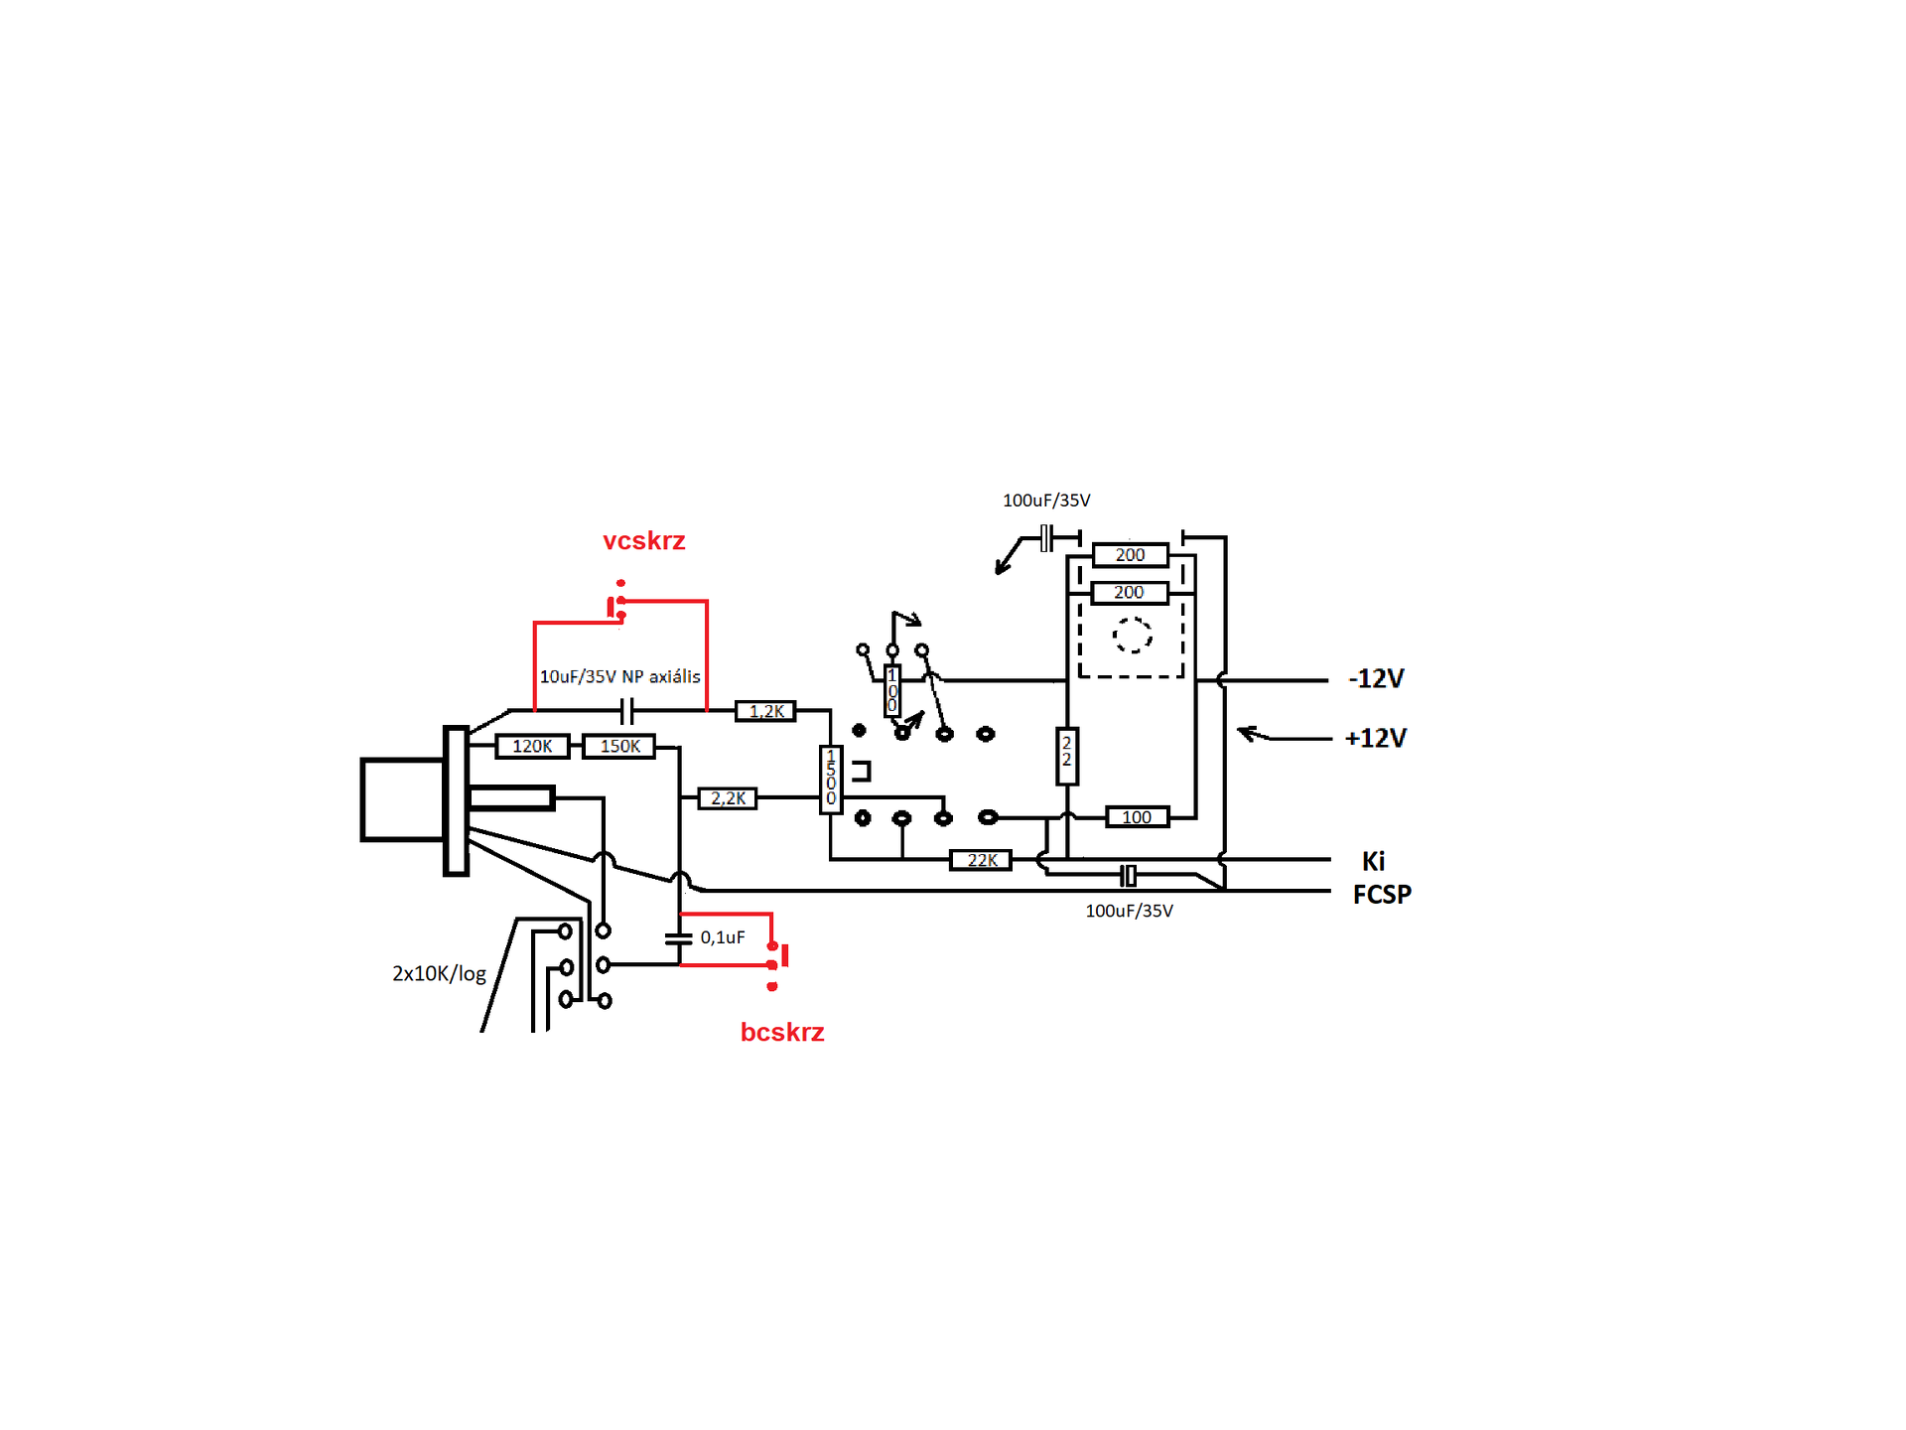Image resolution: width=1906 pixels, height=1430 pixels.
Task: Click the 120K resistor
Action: click(x=532, y=746)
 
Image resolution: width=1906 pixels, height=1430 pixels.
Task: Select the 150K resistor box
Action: click(x=619, y=746)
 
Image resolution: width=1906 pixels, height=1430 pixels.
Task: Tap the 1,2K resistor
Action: click(x=765, y=711)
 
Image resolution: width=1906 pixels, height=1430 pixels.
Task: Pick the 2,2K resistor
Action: click(x=728, y=797)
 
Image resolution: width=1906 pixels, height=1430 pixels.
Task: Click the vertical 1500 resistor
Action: click(x=831, y=780)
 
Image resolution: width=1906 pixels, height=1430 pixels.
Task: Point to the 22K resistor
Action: click(x=981, y=860)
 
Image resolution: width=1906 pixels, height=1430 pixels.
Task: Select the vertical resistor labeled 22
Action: click(x=1067, y=756)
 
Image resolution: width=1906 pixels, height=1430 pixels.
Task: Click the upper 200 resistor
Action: click(x=1130, y=555)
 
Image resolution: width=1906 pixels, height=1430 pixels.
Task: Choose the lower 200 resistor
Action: click(x=1129, y=593)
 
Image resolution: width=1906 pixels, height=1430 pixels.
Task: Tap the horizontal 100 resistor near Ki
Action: click(x=1137, y=817)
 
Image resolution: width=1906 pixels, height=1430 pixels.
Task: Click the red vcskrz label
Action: click(x=644, y=541)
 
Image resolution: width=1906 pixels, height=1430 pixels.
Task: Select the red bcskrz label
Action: click(x=782, y=1033)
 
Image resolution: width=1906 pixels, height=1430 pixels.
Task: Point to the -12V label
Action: click(x=1376, y=679)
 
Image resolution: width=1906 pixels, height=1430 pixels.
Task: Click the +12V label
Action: click(x=1376, y=739)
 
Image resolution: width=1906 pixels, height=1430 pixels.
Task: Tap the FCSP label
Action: click(x=1382, y=895)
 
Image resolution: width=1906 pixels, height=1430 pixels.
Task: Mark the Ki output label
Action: click(x=1373, y=861)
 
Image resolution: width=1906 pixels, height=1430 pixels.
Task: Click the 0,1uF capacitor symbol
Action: click(x=679, y=937)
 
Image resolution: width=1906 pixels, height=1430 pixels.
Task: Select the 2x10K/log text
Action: click(x=439, y=973)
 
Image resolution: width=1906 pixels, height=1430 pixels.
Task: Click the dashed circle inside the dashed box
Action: click(x=1132, y=635)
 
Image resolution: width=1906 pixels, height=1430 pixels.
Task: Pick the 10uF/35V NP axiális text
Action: click(x=619, y=676)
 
